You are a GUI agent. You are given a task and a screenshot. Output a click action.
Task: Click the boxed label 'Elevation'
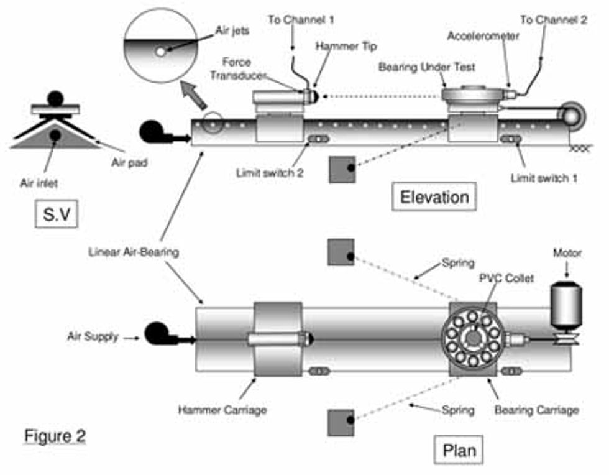434,198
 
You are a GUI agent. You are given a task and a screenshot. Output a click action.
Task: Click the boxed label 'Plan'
460,450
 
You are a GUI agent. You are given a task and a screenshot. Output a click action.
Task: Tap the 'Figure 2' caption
55,435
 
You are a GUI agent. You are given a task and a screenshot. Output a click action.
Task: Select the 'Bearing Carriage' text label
537,410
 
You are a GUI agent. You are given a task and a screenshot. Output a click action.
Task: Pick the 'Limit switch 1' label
544,178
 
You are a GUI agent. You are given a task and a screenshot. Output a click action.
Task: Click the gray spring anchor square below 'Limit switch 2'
342,168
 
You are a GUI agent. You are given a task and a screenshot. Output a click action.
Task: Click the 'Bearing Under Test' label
418,67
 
